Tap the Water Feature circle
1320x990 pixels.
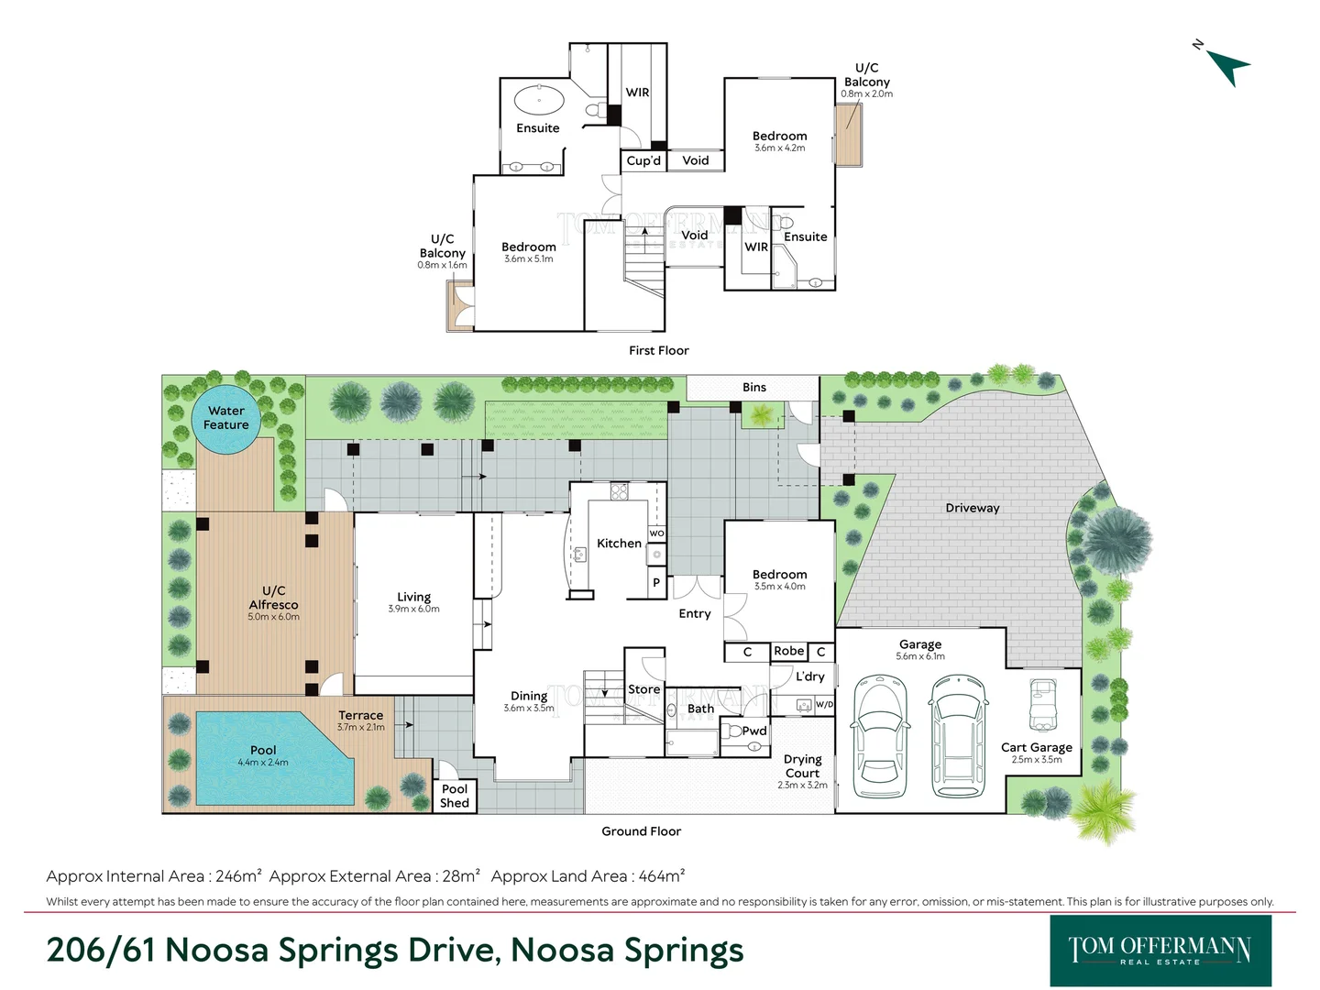coord(226,419)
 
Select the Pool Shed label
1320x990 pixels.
coord(455,796)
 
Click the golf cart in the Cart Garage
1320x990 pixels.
coord(1043,704)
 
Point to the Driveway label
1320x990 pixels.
coord(973,508)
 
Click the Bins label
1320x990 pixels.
coord(754,388)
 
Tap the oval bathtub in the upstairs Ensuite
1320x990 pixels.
coord(539,99)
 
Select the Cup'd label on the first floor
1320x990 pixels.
coord(643,160)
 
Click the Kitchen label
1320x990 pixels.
coord(619,544)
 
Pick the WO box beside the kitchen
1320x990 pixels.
coord(656,533)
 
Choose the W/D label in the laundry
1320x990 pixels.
coord(824,705)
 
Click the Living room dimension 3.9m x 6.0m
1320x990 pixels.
coord(413,609)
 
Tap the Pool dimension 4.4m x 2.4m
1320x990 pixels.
coord(263,762)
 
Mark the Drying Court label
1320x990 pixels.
coord(802,766)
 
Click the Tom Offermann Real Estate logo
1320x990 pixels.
coord(1160,950)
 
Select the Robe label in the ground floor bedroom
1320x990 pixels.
coord(788,651)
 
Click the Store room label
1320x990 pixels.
coord(643,689)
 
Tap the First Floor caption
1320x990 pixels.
coord(658,350)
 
